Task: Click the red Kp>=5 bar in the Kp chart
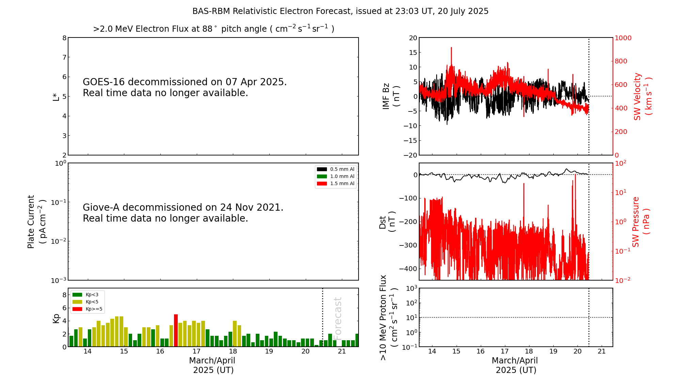(x=176, y=330)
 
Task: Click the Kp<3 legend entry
(x=85, y=295)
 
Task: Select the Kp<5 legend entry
(x=85, y=302)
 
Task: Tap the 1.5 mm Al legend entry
(x=336, y=183)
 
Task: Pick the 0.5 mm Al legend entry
(x=336, y=169)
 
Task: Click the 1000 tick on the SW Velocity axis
(x=623, y=38)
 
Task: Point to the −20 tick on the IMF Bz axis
(x=411, y=155)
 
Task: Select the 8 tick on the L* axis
(x=64, y=38)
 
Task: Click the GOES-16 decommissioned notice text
(x=185, y=87)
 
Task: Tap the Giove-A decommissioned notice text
(x=183, y=213)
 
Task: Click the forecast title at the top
(x=340, y=11)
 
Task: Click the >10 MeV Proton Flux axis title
(x=389, y=317)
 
